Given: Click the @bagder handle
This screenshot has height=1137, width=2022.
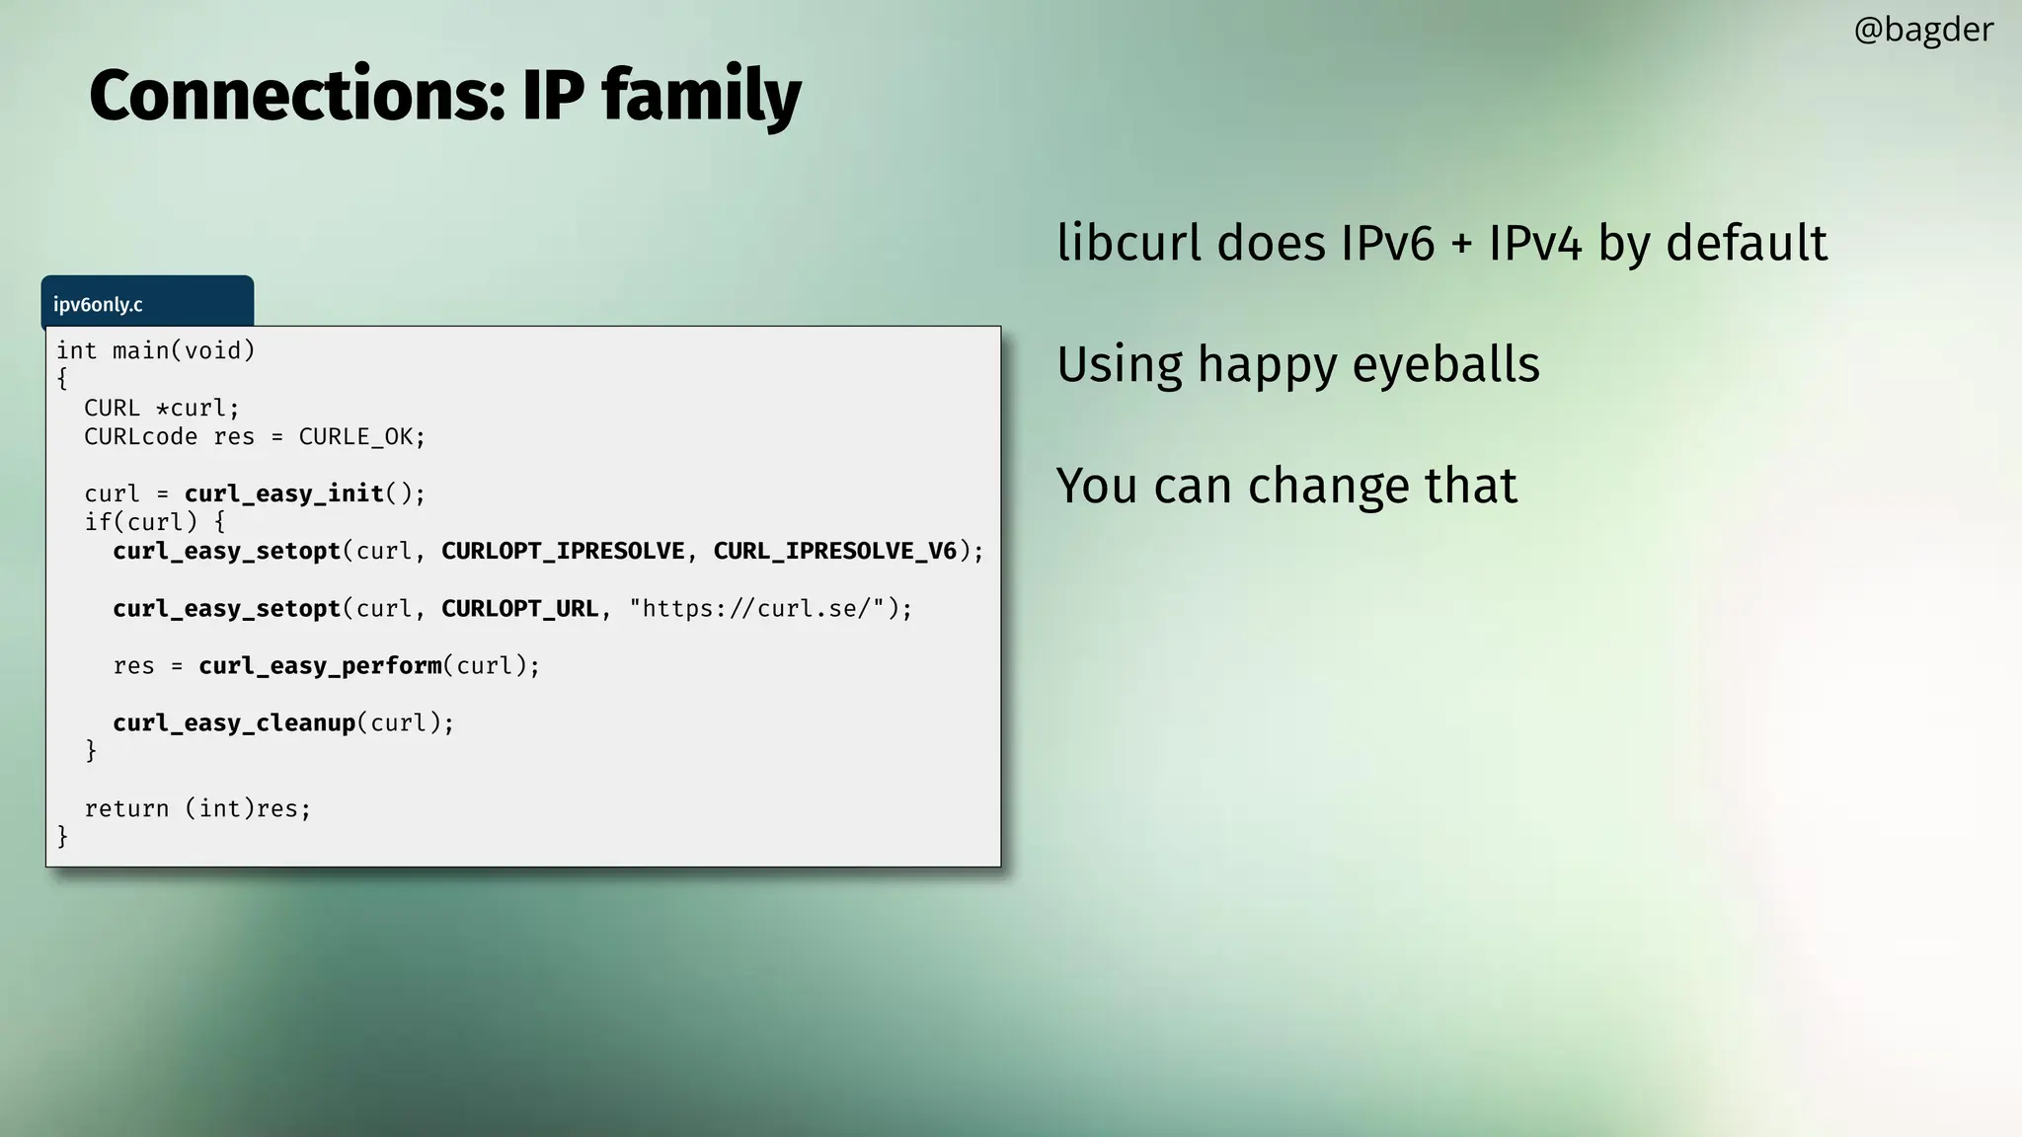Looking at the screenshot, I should click(x=1922, y=30).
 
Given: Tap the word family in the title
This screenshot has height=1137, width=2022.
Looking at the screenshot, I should click(x=701, y=96).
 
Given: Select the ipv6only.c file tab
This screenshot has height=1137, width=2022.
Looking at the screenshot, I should click(x=98, y=304).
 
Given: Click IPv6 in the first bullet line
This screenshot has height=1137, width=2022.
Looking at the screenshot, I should click(x=1386, y=243).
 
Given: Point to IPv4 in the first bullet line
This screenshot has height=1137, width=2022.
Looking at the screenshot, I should click(x=1534, y=243).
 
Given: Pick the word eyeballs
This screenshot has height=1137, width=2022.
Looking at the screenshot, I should click(x=1445, y=364).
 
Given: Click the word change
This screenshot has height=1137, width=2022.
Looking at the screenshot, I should click(x=1328, y=486).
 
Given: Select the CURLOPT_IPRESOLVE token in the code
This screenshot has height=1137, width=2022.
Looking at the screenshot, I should click(x=563, y=551).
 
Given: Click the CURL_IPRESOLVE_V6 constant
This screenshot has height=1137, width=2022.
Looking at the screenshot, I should click(x=835, y=551).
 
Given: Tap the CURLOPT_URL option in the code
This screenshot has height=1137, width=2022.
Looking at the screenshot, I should click(x=519, y=608).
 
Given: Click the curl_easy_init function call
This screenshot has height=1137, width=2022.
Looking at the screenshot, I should click(x=283, y=493).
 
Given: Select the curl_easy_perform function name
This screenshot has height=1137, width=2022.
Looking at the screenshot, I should click(x=320, y=665).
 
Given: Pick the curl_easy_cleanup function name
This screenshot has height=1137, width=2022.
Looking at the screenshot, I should click(x=234, y=722).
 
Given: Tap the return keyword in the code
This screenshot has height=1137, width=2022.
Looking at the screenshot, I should click(x=126, y=808).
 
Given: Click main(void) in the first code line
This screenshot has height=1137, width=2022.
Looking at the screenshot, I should click(x=184, y=350).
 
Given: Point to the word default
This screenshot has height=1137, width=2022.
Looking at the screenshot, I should click(x=1747, y=243).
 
